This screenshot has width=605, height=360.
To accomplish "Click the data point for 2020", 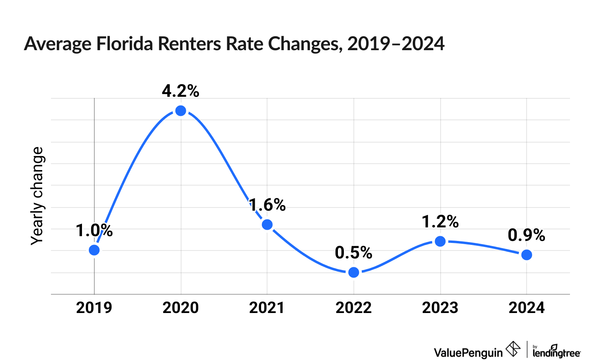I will click(x=181, y=111).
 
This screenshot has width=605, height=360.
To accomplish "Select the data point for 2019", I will click(x=94, y=250).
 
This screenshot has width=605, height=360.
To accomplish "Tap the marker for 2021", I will click(x=267, y=225).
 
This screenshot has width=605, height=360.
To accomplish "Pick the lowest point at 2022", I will click(x=353, y=272).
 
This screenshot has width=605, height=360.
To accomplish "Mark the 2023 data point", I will click(x=440, y=241).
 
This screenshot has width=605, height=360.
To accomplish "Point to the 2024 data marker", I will click(x=527, y=255).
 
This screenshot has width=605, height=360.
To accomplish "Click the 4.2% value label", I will click(x=180, y=91).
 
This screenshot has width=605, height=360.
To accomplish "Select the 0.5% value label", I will click(x=353, y=252).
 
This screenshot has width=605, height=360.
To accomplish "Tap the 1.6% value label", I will click(x=267, y=205).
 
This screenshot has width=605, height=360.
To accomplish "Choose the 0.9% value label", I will click(x=526, y=235).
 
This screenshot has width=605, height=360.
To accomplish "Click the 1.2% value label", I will click(x=440, y=221).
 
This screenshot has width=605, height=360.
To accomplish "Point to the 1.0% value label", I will click(x=94, y=231).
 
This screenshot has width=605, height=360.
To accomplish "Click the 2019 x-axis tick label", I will click(x=94, y=308).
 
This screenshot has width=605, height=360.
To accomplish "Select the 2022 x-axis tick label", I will click(x=353, y=308).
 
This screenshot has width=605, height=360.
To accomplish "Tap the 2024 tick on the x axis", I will click(x=527, y=308).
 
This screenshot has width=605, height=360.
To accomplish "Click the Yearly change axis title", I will click(x=37, y=196).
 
